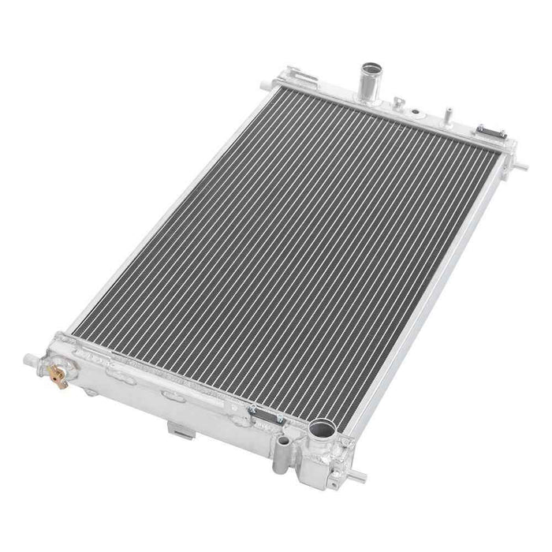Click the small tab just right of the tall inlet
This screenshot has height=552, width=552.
click(400, 101)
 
